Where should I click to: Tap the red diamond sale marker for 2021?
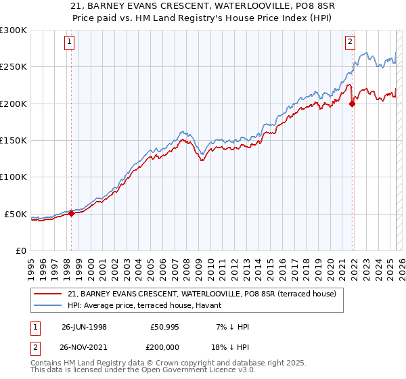353,104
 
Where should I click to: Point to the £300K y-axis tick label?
14,30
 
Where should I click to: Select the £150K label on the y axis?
14,141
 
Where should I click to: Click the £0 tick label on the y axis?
21,250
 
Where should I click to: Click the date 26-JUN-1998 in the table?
84,327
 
